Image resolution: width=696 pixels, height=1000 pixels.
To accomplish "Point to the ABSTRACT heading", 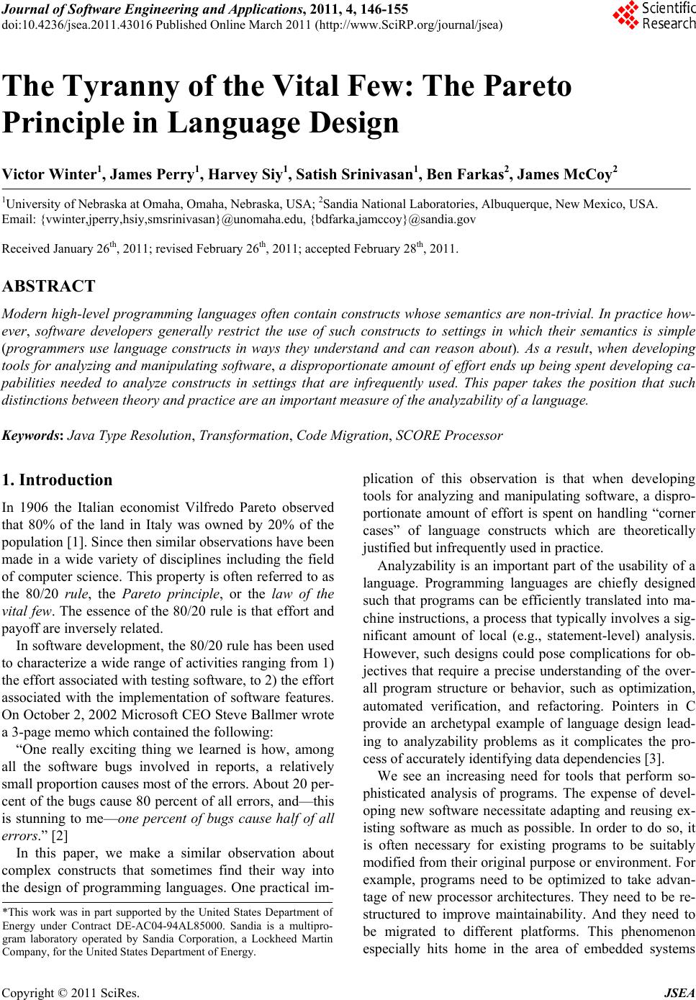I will [48, 287].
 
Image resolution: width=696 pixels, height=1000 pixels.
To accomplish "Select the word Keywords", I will [32, 436].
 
